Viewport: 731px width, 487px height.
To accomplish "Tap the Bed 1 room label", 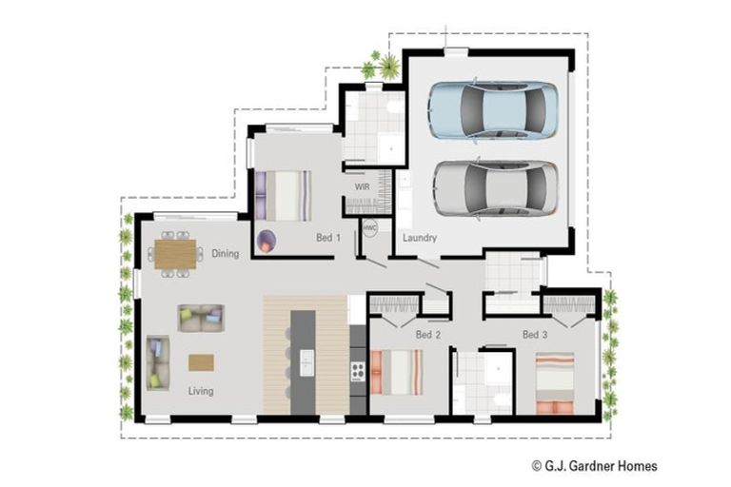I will [328, 237].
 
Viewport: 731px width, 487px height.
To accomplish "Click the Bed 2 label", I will [427, 335].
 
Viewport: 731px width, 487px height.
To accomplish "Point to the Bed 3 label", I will [535, 335].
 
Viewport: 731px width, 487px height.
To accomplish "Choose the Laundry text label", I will [419, 238].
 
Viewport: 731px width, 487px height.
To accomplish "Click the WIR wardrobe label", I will [362, 187].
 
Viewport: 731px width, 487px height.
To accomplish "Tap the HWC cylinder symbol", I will [370, 229].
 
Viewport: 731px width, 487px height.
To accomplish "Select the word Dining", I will [226, 254].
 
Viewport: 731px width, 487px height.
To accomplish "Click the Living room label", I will [200, 391].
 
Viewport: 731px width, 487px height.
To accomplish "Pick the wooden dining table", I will [175, 254].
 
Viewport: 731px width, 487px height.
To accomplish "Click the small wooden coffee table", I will [201, 361].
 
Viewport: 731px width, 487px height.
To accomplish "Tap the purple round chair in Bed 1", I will [267, 241].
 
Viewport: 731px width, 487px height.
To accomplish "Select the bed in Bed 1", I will [283, 195].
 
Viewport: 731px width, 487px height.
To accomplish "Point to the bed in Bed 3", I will [554, 383].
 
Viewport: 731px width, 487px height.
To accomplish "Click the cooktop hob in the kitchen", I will [359, 370].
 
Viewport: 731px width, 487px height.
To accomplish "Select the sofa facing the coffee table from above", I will [201, 318].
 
